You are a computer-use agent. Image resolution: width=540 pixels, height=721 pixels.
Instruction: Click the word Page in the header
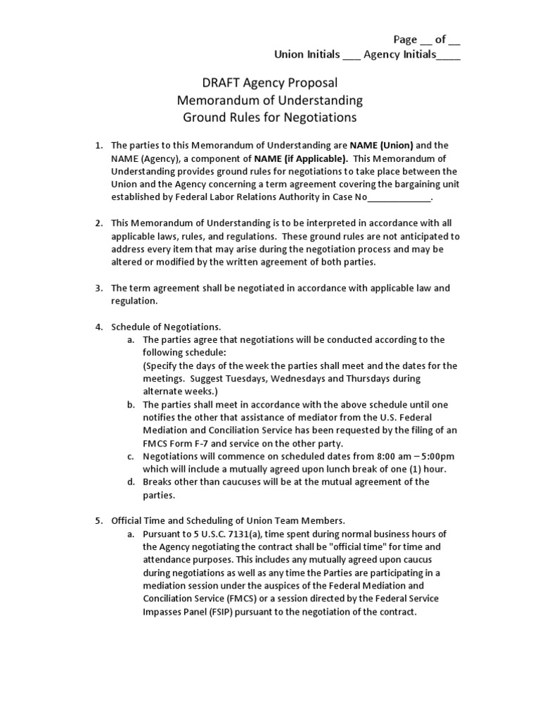pos(404,40)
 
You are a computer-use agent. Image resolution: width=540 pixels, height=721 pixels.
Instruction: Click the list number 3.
pos(99,288)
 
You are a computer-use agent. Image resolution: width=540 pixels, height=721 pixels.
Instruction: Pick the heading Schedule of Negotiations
pos(166,327)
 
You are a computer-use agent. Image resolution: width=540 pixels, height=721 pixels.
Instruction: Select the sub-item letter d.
pos(131,482)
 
